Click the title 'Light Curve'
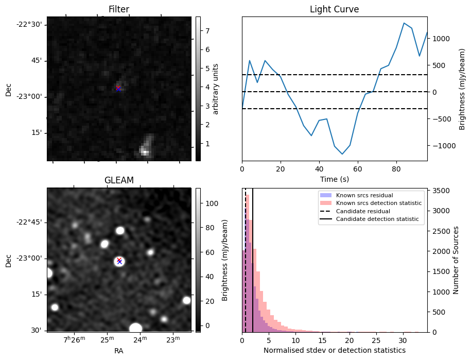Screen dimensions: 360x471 (x=334, y=9)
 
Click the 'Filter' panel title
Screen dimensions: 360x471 (x=118, y=9)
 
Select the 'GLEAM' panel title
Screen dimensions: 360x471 (x=118, y=180)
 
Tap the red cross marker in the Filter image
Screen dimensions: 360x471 (x=118, y=88)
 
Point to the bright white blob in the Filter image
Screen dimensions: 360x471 (x=145, y=151)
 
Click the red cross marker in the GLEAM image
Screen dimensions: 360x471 (x=119, y=260)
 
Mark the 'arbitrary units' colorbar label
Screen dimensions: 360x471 (x=216, y=89)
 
